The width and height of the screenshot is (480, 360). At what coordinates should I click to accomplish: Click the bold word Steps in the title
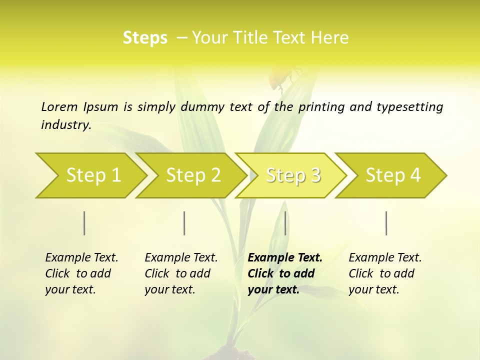(x=145, y=38)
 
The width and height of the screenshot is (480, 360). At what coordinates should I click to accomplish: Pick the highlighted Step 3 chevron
(x=291, y=175)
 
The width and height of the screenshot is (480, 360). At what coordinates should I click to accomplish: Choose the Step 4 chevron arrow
(x=391, y=175)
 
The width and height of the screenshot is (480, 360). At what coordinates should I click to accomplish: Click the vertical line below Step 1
(x=84, y=223)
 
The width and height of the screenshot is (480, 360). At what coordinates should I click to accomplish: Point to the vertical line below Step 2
(x=184, y=223)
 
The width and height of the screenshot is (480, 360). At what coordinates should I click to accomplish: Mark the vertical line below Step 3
(x=285, y=223)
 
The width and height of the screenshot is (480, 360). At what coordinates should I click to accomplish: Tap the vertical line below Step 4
(x=386, y=223)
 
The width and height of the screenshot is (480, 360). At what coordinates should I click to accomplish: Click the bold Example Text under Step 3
(x=285, y=258)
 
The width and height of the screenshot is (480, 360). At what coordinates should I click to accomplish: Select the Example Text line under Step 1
(x=81, y=258)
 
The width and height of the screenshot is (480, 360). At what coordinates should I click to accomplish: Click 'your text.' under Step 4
(x=374, y=290)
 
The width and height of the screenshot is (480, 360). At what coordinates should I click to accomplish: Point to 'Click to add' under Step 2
(x=177, y=274)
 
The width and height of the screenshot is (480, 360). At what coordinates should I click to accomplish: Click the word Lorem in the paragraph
(x=59, y=107)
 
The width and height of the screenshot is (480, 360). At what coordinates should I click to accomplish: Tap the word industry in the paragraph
(x=65, y=125)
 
